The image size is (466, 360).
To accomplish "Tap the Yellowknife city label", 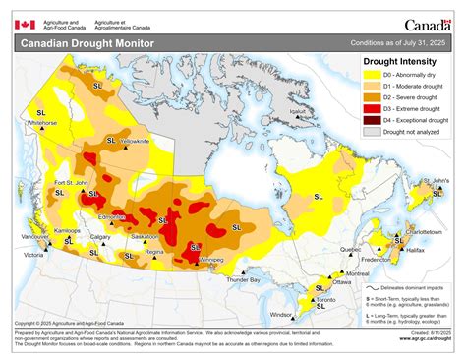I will [x=135, y=142].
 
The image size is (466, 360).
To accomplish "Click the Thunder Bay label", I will [x=242, y=280].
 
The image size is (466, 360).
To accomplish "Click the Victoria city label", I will [x=34, y=256].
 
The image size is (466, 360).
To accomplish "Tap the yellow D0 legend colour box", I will [x=371, y=74].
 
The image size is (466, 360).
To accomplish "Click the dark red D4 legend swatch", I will [x=371, y=117].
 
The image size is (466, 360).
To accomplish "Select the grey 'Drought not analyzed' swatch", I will [x=371, y=129].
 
